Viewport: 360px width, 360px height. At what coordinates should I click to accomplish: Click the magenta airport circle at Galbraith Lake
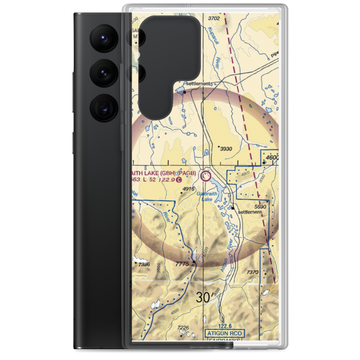coord(206,176)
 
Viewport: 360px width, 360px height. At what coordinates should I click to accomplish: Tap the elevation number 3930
coord(226,149)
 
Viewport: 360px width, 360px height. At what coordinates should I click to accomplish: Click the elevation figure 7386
coord(144,265)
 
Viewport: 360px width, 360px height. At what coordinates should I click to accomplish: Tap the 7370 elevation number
coord(253,272)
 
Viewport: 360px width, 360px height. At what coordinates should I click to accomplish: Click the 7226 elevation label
coord(183,327)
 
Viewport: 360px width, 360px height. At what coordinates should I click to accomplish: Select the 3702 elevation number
coord(214,18)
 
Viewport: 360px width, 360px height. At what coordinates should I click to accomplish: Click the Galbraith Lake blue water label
coord(207,196)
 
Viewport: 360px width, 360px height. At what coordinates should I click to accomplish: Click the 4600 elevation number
coord(272,158)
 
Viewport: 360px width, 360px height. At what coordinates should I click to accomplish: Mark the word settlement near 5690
coord(250,212)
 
